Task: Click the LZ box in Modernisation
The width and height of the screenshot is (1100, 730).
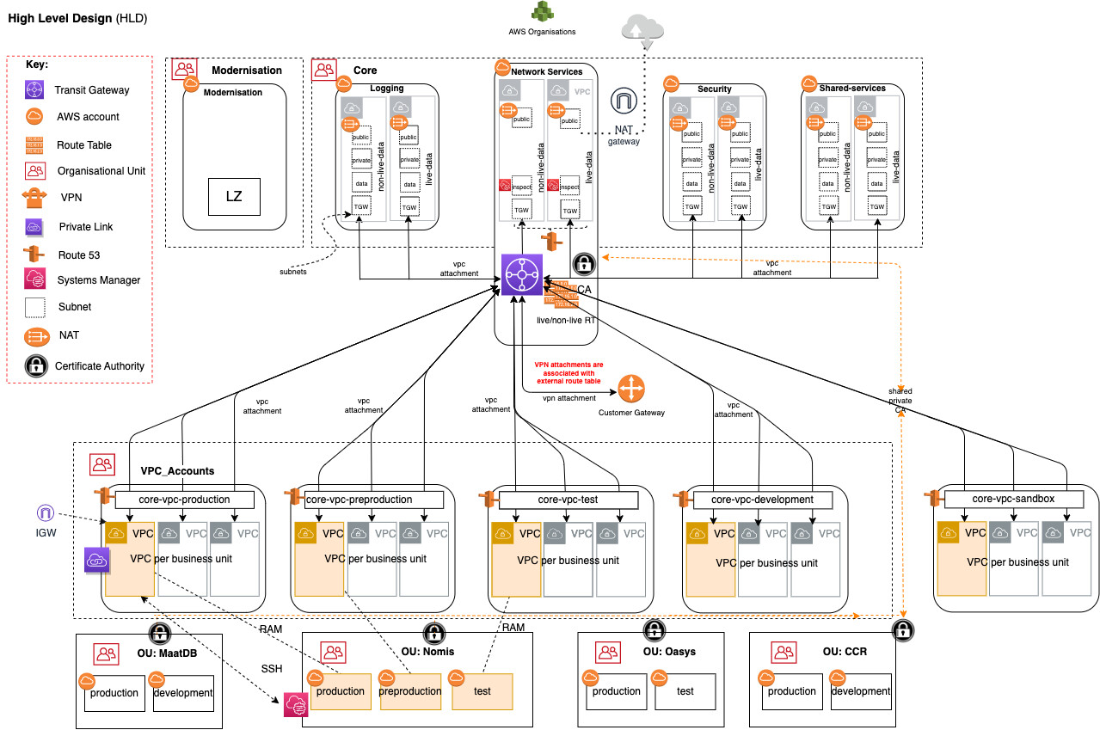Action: (234, 197)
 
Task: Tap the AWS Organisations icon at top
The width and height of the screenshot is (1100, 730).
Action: (541, 12)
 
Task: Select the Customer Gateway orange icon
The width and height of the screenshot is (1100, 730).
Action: (631, 390)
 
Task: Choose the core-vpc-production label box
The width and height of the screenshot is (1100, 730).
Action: (185, 500)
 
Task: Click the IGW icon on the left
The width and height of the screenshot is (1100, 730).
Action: (45, 513)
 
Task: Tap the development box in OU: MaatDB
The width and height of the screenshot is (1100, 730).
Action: (183, 693)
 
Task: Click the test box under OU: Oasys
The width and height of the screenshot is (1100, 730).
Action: (685, 691)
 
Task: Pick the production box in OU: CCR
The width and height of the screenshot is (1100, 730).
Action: (791, 691)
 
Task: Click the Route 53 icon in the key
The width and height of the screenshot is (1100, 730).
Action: (34, 255)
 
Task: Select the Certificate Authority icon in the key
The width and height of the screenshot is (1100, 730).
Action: (34, 365)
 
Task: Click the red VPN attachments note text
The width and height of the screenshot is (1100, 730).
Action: (568, 372)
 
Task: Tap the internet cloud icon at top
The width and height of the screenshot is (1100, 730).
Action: (642, 28)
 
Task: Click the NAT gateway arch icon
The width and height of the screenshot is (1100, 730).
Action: (623, 101)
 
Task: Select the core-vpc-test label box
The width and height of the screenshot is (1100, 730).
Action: (568, 500)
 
